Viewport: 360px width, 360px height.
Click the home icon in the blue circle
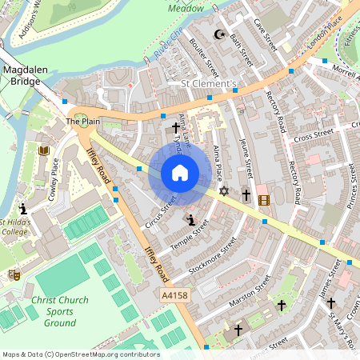(x=180, y=173)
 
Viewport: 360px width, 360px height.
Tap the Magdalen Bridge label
(x=27, y=76)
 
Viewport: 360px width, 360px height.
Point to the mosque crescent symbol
(x=219, y=34)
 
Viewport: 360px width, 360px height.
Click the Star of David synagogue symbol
(x=224, y=192)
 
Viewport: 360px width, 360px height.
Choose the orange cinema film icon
(x=264, y=199)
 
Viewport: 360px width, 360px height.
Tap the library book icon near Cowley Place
(x=43, y=150)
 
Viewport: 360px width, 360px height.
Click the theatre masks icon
(x=14, y=274)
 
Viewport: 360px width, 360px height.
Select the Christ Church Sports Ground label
(x=49, y=311)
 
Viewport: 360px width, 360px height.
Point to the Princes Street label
(x=350, y=185)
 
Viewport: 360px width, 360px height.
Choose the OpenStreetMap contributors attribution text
(x=80, y=354)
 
